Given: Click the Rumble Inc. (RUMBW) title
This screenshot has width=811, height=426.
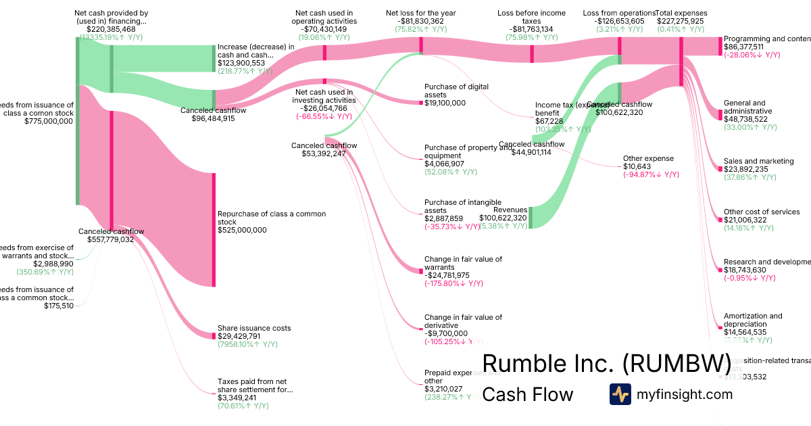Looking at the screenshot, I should point(606,364).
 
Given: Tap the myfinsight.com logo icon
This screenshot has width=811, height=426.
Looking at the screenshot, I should point(620,394).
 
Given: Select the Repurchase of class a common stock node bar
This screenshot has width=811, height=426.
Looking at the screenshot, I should point(214,230).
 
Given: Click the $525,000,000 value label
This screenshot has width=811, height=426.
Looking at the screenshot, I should point(242,230).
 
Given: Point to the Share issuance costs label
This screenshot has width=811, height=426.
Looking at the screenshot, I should point(254,328).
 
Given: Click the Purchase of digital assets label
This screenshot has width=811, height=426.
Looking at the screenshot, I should point(456,91).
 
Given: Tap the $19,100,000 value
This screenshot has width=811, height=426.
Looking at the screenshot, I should point(445,103).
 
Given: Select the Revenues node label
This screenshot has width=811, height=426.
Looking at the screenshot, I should point(510,210).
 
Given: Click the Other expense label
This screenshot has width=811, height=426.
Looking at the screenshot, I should point(648,158).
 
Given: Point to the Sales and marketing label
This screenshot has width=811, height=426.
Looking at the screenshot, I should point(758,161).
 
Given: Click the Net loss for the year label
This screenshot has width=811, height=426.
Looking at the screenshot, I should point(421,13).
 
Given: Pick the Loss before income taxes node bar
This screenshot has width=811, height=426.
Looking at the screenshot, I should point(532,53).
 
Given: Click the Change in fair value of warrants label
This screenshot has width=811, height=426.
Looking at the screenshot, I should point(463,263).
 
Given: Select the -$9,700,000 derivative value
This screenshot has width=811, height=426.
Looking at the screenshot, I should point(446,333).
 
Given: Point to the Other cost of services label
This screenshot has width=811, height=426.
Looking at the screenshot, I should point(762,212).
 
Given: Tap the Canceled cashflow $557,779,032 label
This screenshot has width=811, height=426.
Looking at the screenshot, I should point(111,235).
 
